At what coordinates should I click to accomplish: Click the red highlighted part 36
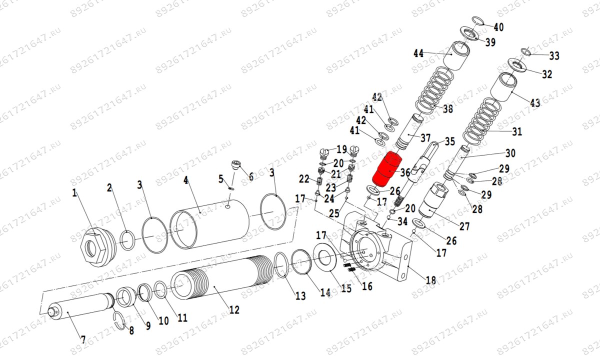tap(387, 169)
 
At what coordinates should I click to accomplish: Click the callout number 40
tap(498, 27)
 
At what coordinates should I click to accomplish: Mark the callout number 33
tap(554, 55)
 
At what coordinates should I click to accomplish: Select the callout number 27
tap(464, 226)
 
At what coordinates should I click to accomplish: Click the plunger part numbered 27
tap(432, 200)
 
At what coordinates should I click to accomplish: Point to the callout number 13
tap(300, 296)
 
